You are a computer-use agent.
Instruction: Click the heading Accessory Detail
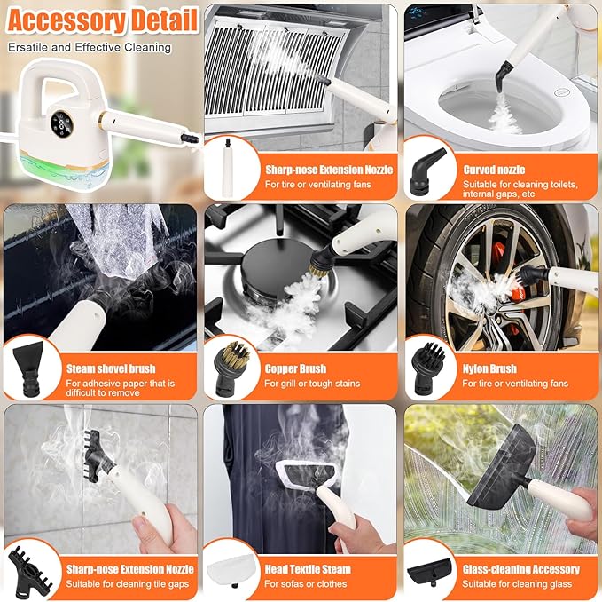point(99,19)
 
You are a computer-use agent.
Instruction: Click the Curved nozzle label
point(494,170)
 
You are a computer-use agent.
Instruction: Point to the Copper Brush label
point(295,368)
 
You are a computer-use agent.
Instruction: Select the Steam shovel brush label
point(111,368)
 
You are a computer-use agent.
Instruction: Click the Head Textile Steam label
point(308,569)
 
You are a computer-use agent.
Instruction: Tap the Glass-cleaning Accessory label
point(520,569)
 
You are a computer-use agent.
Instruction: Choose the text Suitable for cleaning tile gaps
point(128,583)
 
